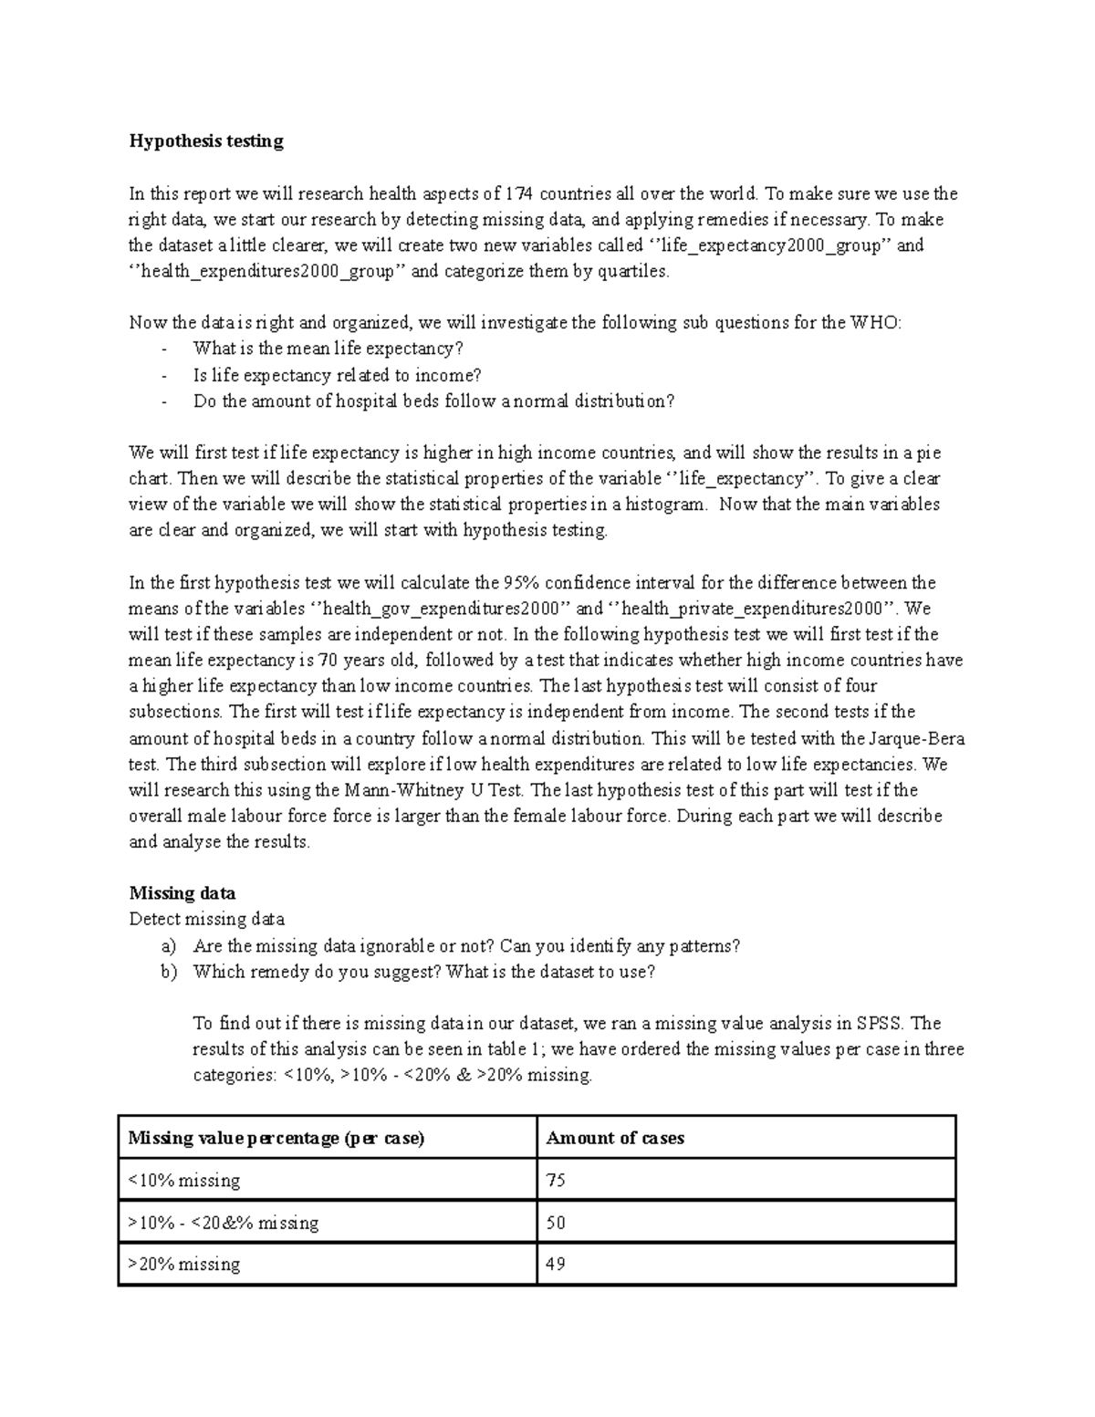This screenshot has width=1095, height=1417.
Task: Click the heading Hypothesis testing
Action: (206, 141)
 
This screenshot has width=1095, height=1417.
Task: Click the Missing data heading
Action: (182, 893)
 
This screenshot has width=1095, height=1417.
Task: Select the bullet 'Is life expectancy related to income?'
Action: (337, 375)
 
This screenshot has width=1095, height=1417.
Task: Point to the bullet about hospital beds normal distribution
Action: (433, 401)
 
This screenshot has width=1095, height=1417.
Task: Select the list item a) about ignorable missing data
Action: (466, 946)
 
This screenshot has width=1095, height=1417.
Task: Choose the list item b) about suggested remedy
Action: (423, 972)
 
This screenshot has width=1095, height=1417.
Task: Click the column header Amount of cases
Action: (615, 1139)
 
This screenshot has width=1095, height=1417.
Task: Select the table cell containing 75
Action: (556, 1181)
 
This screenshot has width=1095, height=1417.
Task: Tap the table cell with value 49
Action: (556, 1265)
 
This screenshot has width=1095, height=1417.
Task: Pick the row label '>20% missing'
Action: (184, 1265)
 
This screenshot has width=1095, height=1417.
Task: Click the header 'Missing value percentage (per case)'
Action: (276, 1139)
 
